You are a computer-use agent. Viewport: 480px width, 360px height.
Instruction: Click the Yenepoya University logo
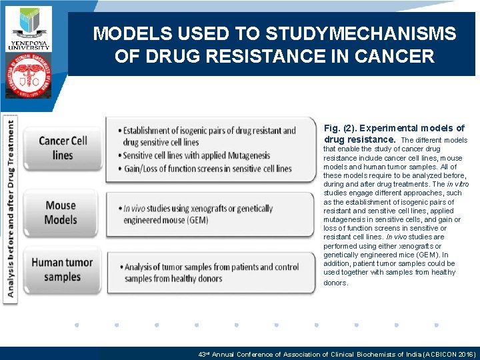[x=29, y=27]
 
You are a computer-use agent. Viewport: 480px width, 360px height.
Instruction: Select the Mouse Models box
[x=61, y=212]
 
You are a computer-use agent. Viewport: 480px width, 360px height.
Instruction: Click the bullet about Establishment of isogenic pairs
[x=209, y=136]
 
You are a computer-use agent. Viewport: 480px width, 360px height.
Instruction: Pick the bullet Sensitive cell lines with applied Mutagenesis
[x=196, y=155]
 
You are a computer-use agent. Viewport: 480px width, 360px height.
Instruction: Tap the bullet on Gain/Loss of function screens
[x=207, y=169]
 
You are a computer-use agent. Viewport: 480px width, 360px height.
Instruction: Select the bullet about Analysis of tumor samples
[x=211, y=273]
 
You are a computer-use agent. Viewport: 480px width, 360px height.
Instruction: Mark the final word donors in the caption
[x=335, y=283]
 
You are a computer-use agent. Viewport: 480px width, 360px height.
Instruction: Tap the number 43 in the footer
[x=202, y=354]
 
